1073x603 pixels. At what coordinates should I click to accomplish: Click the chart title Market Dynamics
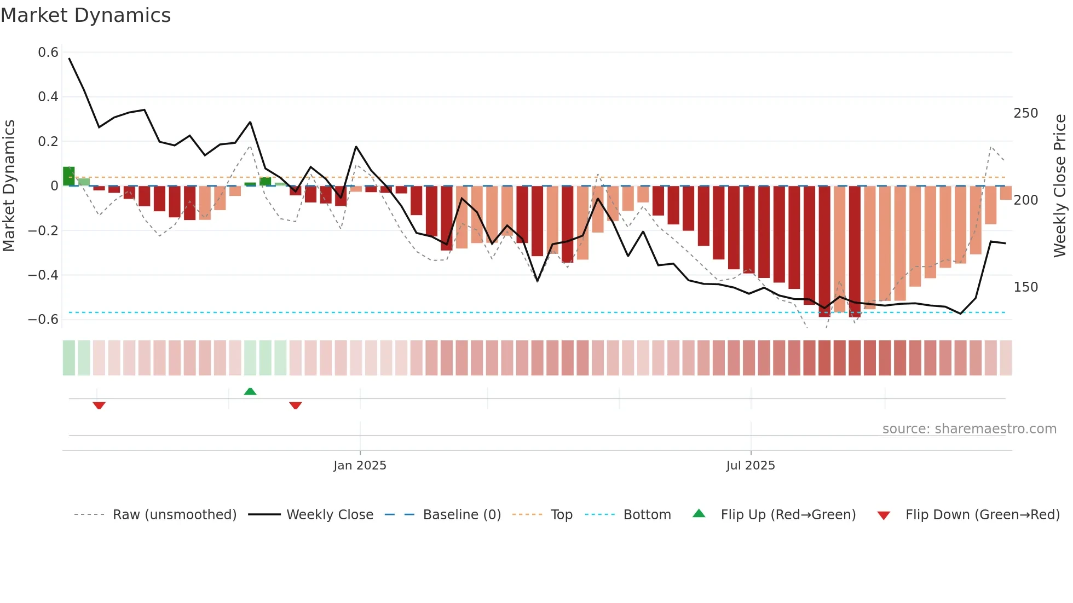(x=85, y=15)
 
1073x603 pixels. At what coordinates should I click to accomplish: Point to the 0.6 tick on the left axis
(x=48, y=53)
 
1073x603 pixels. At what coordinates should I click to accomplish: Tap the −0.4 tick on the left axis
(x=43, y=275)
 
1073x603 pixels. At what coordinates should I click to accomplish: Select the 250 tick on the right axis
(x=1025, y=113)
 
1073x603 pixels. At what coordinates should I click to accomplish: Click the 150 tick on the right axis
(x=1025, y=287)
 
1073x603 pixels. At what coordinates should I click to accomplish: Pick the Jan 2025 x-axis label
(x=360, y=466)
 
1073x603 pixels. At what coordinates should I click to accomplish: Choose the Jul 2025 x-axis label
(x=750, y=466)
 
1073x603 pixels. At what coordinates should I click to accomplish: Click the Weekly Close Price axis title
(x=1060, y=186)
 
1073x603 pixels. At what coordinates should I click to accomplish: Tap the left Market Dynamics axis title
(x=9, y=186)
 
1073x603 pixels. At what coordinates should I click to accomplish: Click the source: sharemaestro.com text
(x=969, y=429)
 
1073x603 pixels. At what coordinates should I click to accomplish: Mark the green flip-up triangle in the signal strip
(x=250, y=391)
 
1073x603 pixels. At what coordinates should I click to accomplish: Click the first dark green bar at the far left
(x=68, y=176)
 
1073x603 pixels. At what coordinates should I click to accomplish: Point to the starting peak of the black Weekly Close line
(x=69, y=58)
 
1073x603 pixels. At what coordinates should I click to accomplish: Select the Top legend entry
(x=561, y=515)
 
